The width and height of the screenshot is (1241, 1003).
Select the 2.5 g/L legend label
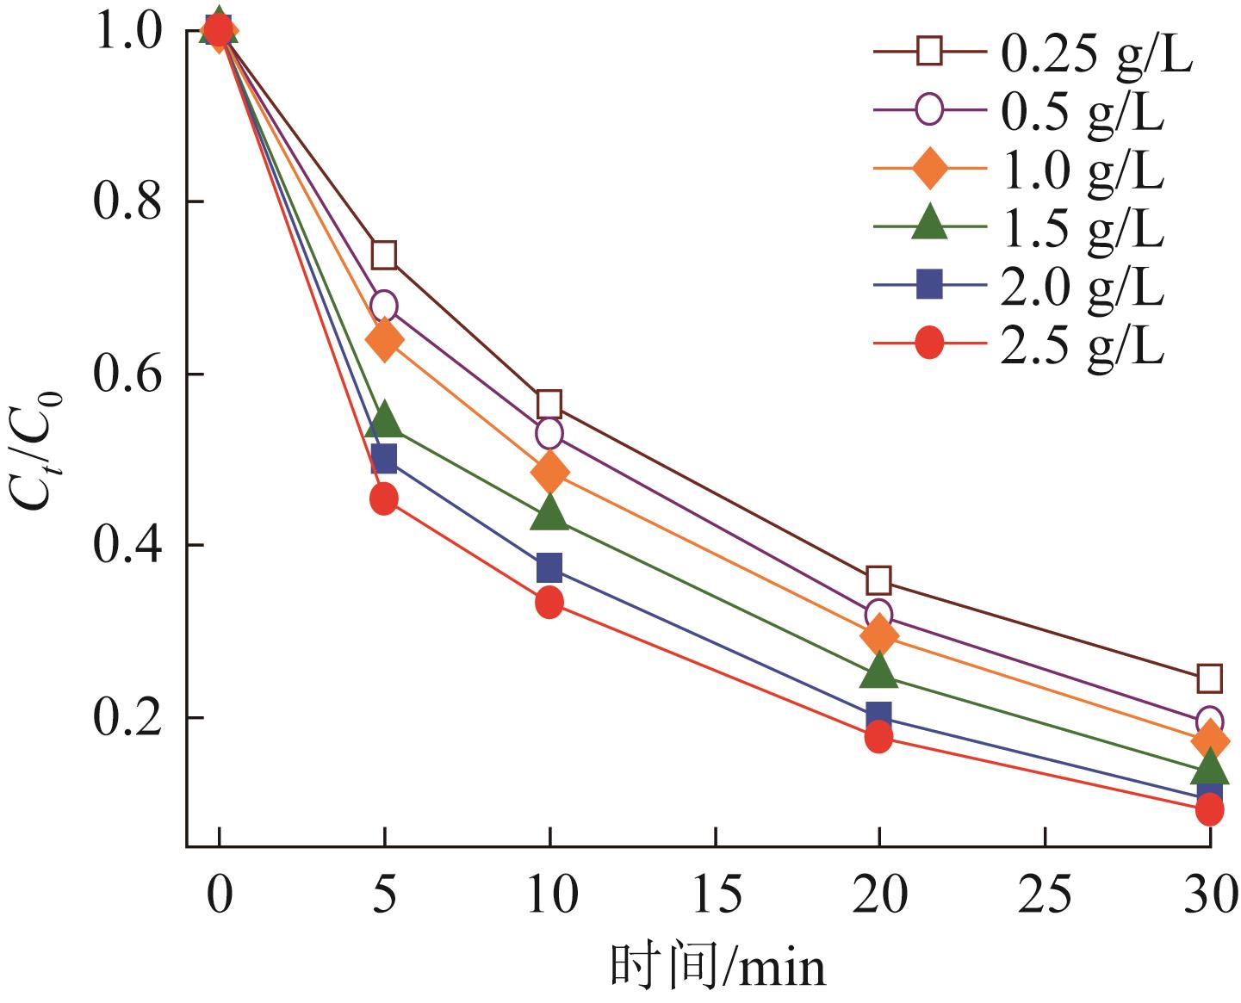click(x=1082, y=346)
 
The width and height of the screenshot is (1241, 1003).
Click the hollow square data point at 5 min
click(x=384, y=255)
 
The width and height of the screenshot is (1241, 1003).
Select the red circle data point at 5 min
click(x=384, y=498)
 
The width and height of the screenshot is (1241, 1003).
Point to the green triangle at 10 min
click(x=549, y=514)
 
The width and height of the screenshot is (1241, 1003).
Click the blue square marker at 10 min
click(x=549, y=568)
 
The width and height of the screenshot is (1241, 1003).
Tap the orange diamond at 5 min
click(x=384, y=340)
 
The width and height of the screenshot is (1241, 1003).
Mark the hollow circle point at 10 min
click(x=549, y=433)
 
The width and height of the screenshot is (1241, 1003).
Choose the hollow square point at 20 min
click(x=878, y=579)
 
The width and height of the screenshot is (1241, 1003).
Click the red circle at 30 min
click(x=1209, y=809)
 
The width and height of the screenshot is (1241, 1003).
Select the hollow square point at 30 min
click(x=1209, y=678)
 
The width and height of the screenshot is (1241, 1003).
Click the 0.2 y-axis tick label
click(x=127, y=718)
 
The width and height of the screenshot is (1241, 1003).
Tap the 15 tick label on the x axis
click(x=715, y=895)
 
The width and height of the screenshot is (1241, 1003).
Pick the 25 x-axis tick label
click(x=1044, y=895)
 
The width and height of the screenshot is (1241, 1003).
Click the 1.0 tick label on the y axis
click(x=127, y=32)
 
